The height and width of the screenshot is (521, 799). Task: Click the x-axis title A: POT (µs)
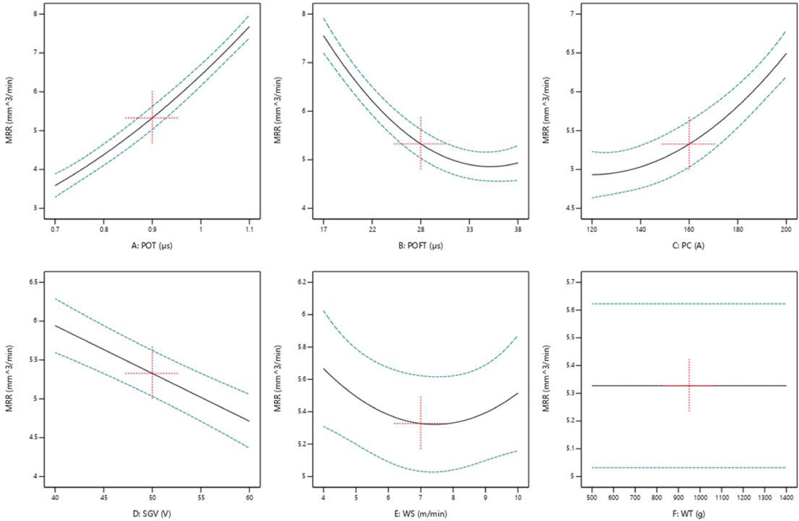click(152, 245)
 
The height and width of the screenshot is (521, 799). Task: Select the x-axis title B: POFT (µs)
click(420, 245)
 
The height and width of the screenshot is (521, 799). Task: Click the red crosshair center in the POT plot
click(152, 118)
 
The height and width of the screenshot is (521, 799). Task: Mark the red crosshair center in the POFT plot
click(421, 144)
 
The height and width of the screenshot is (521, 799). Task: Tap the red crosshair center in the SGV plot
click(152, 373)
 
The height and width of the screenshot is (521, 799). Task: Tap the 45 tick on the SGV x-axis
click(104, 499)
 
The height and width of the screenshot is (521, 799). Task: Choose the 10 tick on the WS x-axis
click(517, 499)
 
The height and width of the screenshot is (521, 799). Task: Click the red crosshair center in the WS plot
click(421, 424)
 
